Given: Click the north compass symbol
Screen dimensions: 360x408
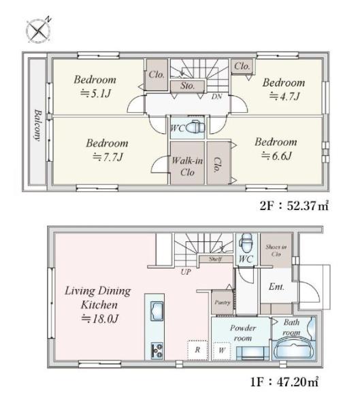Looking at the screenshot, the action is coord(39,31).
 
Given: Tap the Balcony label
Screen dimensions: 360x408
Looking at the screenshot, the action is coord(38,125).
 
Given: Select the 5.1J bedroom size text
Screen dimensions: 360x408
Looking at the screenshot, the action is coord(96,93).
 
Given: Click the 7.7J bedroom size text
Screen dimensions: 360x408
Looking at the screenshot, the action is coord(108,157).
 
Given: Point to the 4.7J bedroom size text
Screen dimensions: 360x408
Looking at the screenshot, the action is coord(284,97).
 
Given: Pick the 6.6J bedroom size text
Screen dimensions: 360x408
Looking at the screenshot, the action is coord(277,156).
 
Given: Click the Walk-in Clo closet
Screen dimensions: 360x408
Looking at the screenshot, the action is coord(187,163).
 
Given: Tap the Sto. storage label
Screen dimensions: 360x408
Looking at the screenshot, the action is coord(188,86).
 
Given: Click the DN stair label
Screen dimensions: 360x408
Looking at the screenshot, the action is coord(216,97).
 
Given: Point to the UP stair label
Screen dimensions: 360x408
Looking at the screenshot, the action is coord(186,272).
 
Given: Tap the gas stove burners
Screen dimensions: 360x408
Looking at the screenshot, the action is coord(157,350).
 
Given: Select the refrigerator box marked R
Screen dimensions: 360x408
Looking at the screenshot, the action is coord(197,350).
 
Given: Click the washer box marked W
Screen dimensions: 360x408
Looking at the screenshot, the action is coord(221,350).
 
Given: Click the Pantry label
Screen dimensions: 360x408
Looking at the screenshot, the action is coord(223,303).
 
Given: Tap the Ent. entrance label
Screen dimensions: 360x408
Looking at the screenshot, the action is coord(276,287).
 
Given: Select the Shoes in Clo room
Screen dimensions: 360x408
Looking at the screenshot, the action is coord(276,250).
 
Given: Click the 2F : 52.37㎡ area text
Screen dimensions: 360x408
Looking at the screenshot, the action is coord(294,206).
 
